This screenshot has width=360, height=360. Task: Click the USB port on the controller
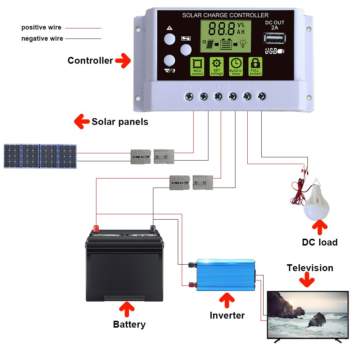(x=275, y=38)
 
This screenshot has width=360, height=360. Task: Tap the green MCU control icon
(x=197, y=67)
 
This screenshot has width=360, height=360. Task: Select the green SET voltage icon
(x=216, y=67)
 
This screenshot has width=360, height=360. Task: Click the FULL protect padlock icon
(x=255, y=67)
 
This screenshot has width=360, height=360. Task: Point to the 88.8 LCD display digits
(x=221, y=29)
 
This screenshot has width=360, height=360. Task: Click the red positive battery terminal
(x=96, y=228)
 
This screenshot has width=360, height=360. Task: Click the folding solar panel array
(x=40, y=156)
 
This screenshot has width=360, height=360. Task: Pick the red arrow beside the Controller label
(x=123, y=60)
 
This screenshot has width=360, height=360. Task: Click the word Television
(x=310, y=268)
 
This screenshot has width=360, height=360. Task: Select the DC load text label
(x=319, y=242)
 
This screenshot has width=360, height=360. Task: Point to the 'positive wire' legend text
(x=41, y=27)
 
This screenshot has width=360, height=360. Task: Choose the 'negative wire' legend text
(x=42, y=39)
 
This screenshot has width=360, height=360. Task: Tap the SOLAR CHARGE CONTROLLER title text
(x=225, y=15)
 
